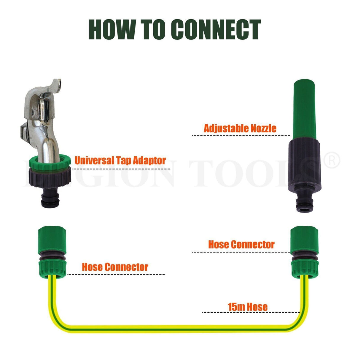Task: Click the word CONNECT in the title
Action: pos(216,30)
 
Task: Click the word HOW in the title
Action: pos(111,30)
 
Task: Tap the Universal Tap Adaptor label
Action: pos(120,160)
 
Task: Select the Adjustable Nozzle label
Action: pos(240,128)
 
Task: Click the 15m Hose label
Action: pos(248,307)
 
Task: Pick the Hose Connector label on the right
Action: pos(241,245)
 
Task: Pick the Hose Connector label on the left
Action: pos(115,267)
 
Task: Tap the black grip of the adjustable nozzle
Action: pos(304,165)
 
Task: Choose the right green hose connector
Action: pos(305,252)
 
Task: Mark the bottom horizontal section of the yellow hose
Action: pos(178,328)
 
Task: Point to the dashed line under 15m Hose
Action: pos(251,312)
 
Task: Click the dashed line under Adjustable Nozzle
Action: pos(241,135)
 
